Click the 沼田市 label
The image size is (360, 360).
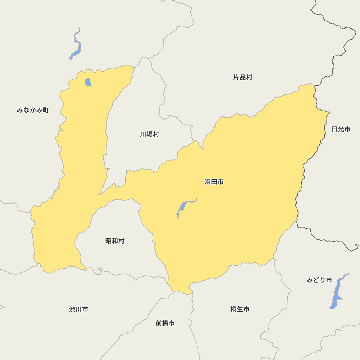coord(214,182)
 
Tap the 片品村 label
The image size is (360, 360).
coord(243,77)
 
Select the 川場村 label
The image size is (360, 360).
coord(149,134)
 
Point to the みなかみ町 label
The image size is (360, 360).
coord(33,110)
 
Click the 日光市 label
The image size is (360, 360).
coord(341,129)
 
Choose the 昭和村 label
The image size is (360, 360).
coord(115,241)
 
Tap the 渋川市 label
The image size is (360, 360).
coord(78,309)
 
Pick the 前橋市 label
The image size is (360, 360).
coord(165,323)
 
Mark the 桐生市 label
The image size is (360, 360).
coord(240,309)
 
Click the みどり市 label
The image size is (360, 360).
coord(319,280)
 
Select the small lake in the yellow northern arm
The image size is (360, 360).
coord(88,82)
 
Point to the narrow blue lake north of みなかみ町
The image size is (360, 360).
coord(77,47)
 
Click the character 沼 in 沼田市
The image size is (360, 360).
coord(208,182)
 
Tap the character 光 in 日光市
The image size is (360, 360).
coord(341,129)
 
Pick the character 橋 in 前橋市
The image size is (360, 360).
coord(165,323)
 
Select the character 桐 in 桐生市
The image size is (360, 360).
coord(234,309)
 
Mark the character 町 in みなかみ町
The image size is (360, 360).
coord(45,110)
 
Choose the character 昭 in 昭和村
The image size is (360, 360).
coord(108,241)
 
